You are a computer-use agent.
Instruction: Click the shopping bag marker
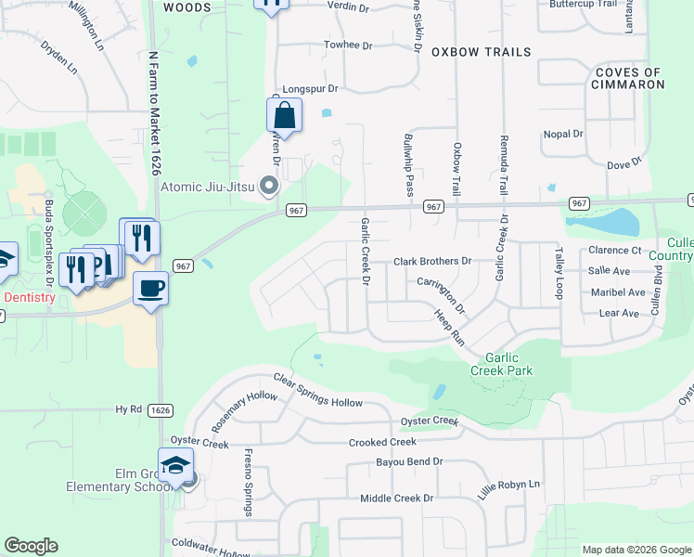click(284, 116)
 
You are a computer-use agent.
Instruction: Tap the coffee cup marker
click(150, 287)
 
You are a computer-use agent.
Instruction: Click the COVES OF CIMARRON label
click(629, 78)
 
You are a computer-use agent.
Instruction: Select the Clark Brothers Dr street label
click(432, 262)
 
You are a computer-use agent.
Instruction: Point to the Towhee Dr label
click(347, 45)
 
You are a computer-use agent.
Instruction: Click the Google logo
click(31, 546)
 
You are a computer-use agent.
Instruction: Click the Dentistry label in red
click(31, 298)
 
